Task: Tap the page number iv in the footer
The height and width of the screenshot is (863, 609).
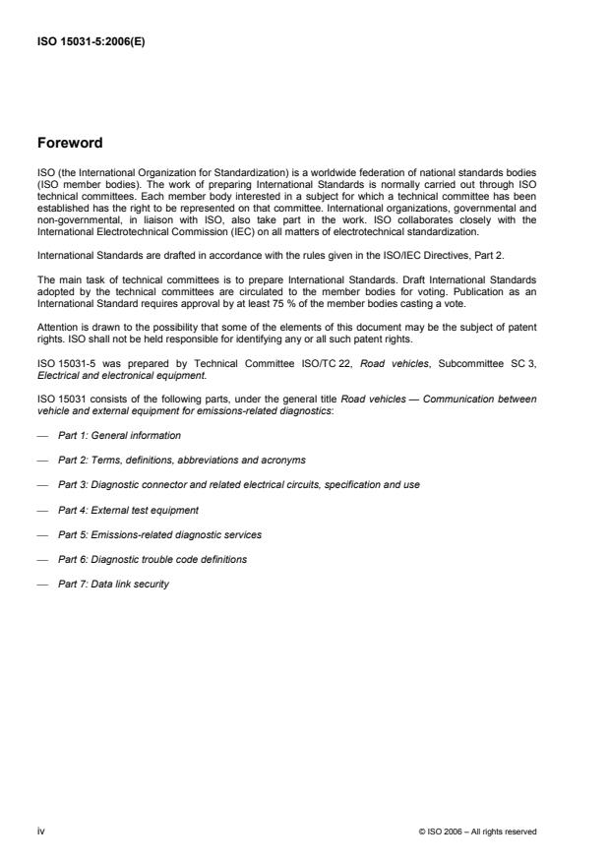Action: pyautogui.click(x=40, y=832)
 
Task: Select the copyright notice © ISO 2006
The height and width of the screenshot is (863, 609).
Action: pyautogui.click(x=477, y=832)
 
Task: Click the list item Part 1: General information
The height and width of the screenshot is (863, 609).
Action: pyautogui.click(x=119, y=435)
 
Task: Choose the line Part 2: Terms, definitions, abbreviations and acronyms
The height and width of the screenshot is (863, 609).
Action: pyautogui.click(x=181, y=460)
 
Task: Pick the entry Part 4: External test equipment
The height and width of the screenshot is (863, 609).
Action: pyautogui.click(x=128, y=509)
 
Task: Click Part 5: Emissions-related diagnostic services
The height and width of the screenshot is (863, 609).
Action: pyautogui.click(x=159, y=534)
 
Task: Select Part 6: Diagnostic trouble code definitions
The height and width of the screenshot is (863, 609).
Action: pyautogui.click(x=152, y=559)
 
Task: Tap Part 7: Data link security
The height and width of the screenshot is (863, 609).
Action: pyautogui.click(x=113, y=584)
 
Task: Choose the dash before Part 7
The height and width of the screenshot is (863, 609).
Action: pyautogui.click(x=42, y=584)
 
